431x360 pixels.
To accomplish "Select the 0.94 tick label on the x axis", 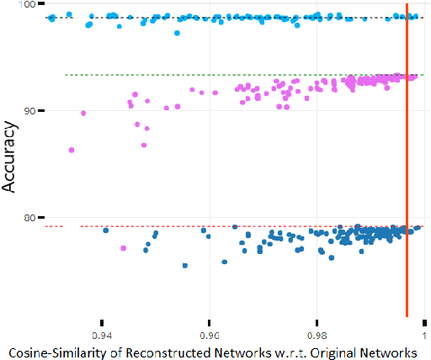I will click(x=102, y=332).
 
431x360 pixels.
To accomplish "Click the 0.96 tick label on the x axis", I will click(x=210, y=332).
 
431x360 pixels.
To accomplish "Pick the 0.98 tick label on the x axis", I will click(x=317, y=332).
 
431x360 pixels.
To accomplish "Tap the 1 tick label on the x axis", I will click(x=424, y=332).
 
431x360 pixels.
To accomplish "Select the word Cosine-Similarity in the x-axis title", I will click(x=51, y=350).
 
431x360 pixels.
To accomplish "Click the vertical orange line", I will click(x=407, y=168).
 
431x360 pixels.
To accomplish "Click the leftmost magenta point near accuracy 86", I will click(x=72, y=150).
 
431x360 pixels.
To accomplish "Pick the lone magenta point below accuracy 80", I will click(x=124, y=248).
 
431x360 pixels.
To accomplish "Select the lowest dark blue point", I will click(x=185, y=266).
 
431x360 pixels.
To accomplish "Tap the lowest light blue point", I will click(x=177, y=33).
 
